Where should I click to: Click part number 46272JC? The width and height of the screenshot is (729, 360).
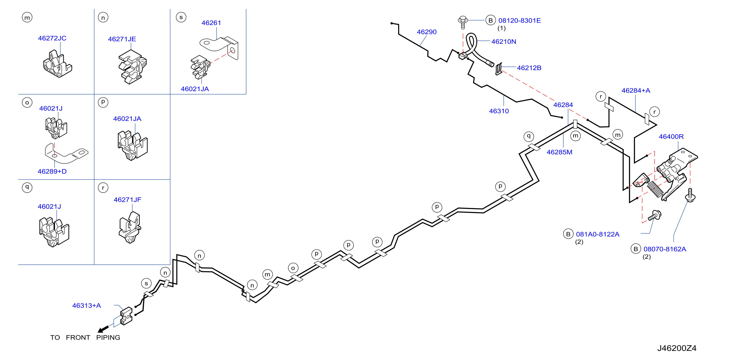point(52,38)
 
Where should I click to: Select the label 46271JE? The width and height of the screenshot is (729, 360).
point(122,39)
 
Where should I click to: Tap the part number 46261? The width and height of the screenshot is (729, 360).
point(211,23)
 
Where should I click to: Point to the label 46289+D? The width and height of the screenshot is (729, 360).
point(52,172)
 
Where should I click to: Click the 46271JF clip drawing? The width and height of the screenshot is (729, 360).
point(130,227)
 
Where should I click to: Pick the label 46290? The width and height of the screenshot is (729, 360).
point(426,32)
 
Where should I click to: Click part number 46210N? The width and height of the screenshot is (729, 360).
point(504,42)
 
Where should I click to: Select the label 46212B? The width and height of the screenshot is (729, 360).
point(529,68)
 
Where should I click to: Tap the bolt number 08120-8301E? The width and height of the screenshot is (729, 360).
point(520,21)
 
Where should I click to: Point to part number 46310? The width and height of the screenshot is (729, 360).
point(499,111)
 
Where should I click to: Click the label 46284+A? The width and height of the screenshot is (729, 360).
point(636,90)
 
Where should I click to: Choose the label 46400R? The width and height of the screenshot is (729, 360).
point(671,137)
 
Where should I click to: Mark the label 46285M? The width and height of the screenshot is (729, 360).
point(559,152)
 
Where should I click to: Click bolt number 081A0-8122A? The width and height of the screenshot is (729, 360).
point(598,234)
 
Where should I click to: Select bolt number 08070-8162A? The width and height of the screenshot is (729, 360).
point(665,249)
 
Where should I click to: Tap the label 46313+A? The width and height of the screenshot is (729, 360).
point(87,306)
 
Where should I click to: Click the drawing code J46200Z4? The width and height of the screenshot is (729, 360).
point(677,348)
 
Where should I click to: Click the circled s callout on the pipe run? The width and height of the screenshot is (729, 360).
point(146,283)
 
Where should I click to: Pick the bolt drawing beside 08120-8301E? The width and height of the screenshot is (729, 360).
point(463,22)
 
